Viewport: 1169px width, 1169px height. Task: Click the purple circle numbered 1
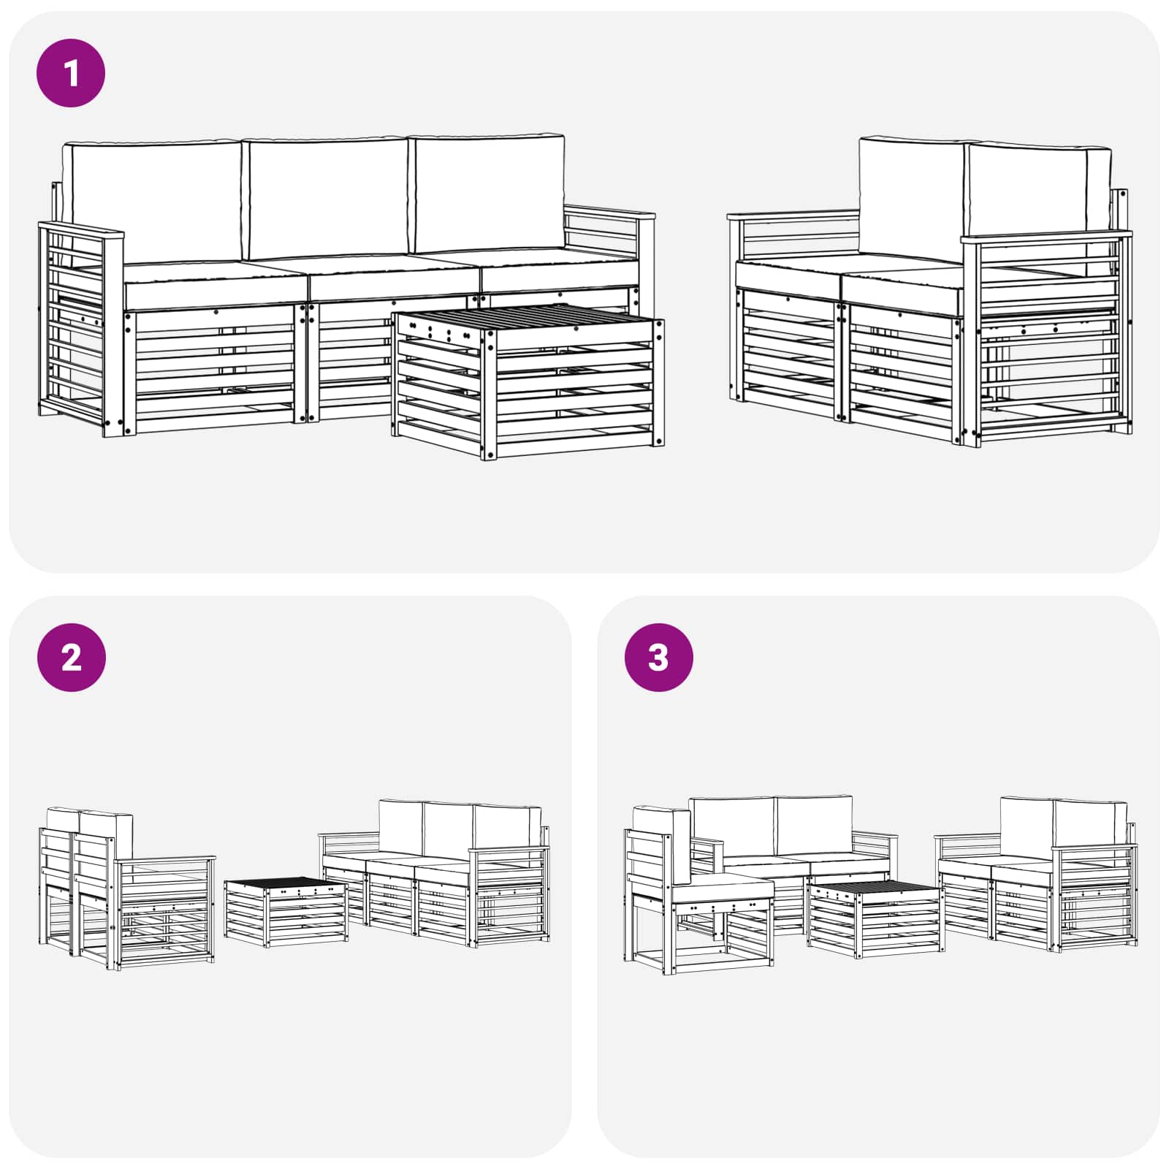point(71,73)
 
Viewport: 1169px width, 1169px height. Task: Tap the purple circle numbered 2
point(71,658)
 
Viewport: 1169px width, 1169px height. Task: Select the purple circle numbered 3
point(658,658)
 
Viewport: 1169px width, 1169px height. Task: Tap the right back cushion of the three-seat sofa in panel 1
point(488,193)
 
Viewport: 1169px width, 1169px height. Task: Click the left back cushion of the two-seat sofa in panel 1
point(910,197)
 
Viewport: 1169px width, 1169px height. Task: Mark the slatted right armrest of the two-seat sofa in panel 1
point(1048,336)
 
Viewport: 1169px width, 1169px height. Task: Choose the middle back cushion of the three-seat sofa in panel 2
point(447,833)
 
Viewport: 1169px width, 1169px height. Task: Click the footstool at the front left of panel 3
point(723,924)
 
